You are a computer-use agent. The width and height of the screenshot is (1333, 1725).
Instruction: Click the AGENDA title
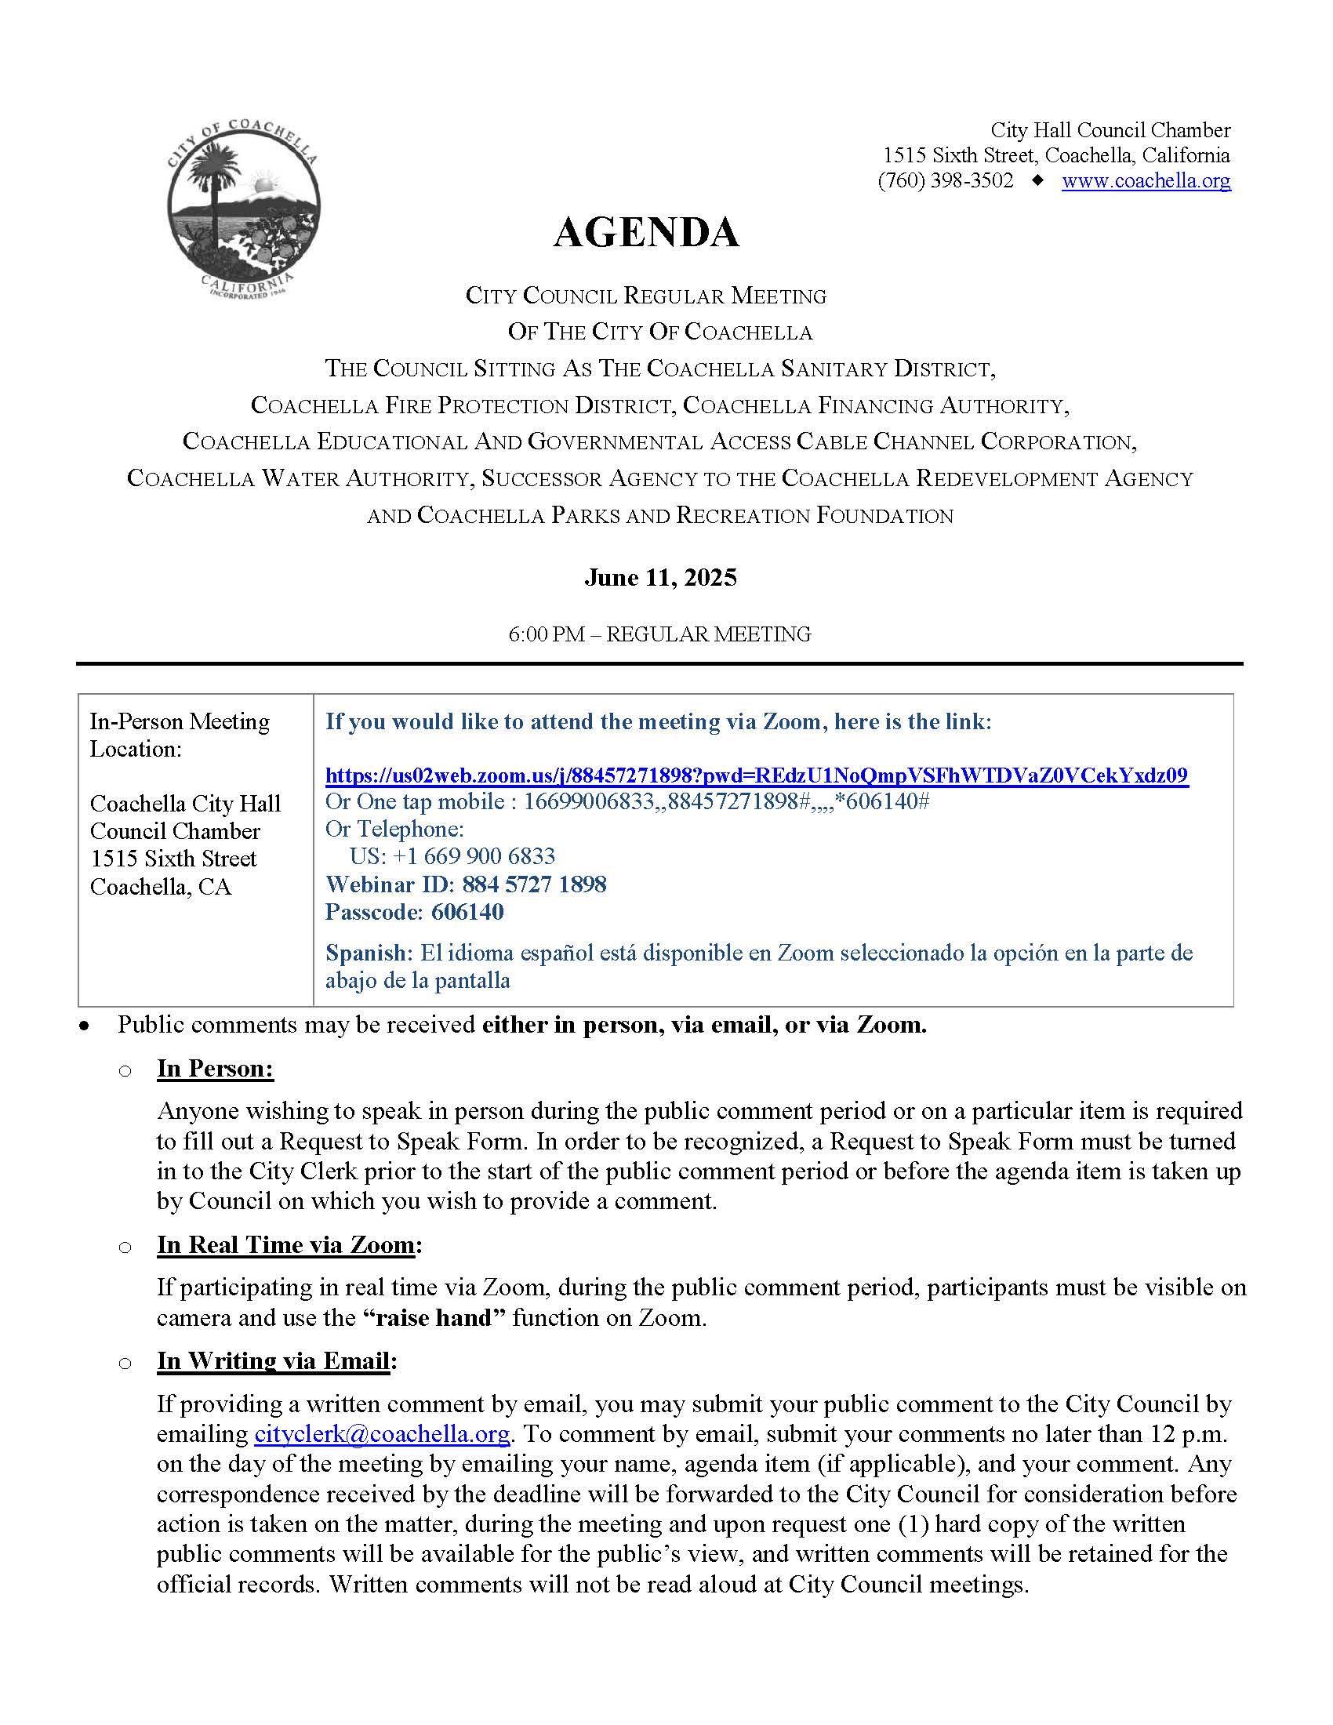(645, 233)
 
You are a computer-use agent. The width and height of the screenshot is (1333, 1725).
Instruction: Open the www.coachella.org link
(1145, 181)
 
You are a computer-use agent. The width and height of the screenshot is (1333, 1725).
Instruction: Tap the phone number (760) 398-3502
(946, 181)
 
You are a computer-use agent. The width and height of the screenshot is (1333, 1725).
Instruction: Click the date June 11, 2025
(660, 577)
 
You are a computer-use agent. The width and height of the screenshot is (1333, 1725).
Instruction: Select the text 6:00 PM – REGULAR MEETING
(659, 634)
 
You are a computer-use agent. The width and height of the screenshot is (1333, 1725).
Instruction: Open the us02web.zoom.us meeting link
(756, 775)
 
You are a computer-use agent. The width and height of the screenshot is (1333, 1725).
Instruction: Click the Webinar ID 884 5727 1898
(465, 884)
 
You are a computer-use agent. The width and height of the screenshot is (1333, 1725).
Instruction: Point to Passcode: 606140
(414, 911)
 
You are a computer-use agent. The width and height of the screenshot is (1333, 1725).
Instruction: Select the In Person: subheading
(215, 1069)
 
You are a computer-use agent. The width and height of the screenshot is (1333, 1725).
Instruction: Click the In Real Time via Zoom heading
(286, 1245)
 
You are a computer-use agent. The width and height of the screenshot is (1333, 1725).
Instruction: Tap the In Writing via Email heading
(273, 1361)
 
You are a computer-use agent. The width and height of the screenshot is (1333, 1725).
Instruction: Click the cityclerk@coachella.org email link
(381, 1433)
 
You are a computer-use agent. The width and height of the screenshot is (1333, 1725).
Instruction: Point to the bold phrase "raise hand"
(434, 1317)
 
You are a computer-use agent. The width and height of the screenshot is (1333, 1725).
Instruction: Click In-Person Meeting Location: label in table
(180, 735)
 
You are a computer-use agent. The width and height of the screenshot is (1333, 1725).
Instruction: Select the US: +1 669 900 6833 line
(452, 856)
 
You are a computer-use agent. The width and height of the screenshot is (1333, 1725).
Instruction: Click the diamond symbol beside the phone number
(1037, 181)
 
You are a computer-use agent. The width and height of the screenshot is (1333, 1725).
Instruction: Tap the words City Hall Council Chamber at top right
(1110, 130)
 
